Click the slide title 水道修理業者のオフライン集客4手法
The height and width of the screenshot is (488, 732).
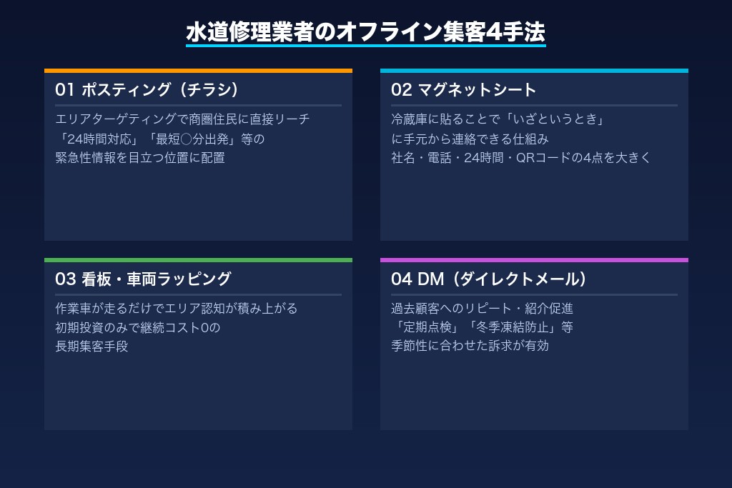tap(365, 32)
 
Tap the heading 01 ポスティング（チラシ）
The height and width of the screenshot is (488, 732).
tap(147, 89)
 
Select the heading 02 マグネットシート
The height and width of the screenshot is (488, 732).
tap(463, 89)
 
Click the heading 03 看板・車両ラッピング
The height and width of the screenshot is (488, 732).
tap(143, 279)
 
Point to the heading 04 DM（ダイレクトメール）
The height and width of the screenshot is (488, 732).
tap(489, 279)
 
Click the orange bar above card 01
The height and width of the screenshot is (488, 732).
tap(198, 71)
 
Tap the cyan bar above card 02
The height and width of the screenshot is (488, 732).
tap(534, 71)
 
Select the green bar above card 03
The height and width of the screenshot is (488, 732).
tap(198, 260)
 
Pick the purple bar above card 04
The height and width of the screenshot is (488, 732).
tap(534, 260)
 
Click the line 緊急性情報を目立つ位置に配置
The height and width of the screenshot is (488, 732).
tap(140, 158)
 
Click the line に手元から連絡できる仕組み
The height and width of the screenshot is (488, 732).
tap(470, 139)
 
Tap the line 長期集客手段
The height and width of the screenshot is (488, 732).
tap(91, 347)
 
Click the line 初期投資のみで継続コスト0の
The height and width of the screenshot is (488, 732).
tap(137, 328)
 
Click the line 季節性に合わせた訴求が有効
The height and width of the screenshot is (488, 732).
tap(470, 347)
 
